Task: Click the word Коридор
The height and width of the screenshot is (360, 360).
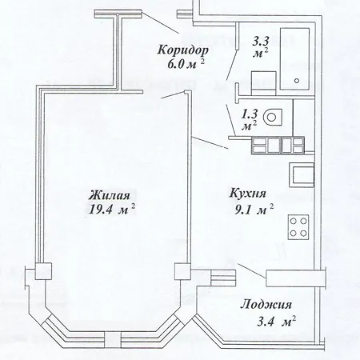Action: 182,50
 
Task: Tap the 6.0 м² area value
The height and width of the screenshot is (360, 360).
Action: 186,64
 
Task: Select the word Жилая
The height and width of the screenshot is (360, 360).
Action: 110,195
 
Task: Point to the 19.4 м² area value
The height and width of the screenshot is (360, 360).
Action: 111,210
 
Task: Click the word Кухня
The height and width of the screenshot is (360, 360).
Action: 248,193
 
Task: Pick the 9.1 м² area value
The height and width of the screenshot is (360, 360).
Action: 254,210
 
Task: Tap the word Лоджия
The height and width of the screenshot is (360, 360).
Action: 266,304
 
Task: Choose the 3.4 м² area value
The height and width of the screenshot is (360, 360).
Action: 277,321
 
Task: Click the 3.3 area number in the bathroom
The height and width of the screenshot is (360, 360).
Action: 261,42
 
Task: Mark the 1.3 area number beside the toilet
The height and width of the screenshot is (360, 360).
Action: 250,114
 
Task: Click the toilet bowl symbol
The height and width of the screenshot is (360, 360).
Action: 272,117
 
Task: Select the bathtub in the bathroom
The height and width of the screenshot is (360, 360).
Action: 294,59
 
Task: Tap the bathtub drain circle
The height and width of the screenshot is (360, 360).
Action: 297,80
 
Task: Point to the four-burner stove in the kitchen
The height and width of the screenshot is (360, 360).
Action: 298,227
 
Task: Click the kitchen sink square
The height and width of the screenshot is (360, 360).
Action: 302,174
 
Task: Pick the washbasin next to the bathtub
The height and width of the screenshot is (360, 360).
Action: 263,83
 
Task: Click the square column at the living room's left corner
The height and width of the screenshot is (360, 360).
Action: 43,271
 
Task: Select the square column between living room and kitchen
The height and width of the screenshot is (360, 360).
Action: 182,271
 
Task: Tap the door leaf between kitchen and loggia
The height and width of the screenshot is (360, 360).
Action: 252,271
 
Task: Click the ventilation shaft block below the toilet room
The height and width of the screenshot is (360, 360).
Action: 278,146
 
